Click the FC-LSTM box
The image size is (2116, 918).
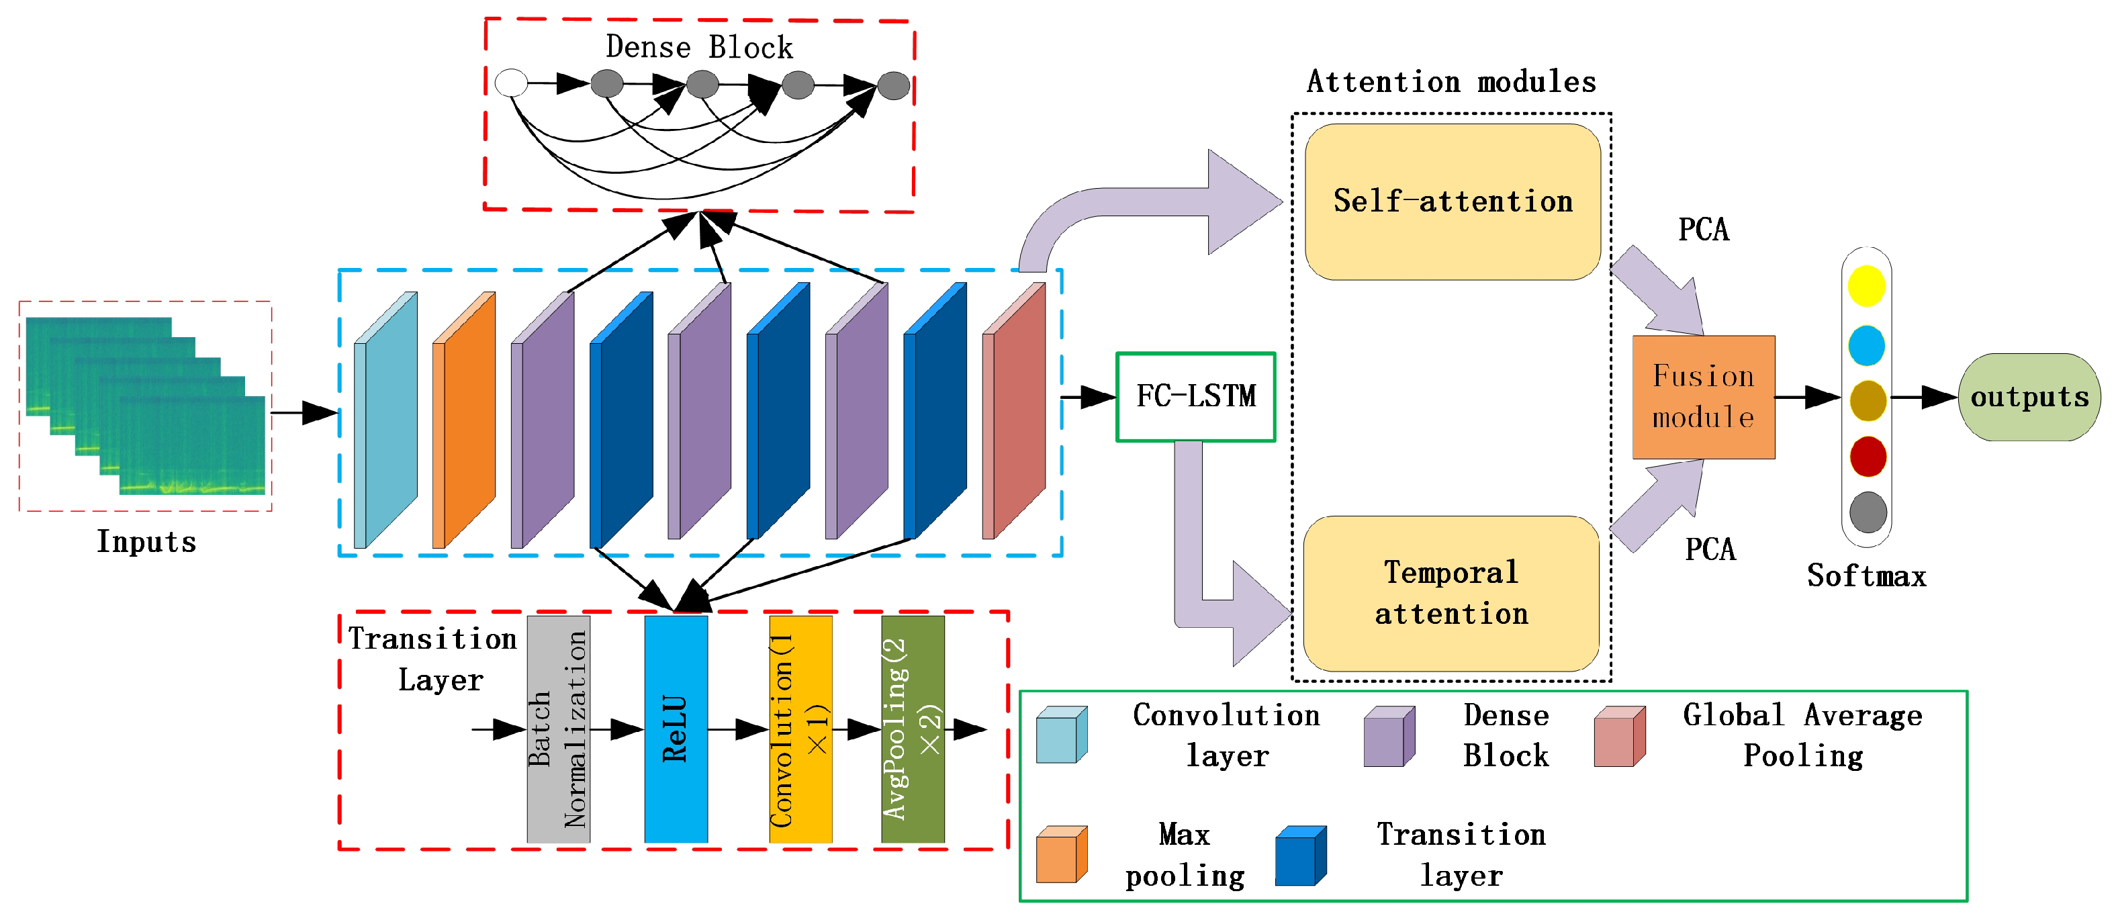(x=1195, y=397)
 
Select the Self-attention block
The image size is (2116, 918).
(x=1453, y=202)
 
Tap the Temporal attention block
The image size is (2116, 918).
(x=1451, y=593)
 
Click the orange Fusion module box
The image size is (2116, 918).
(x=1704, y=397)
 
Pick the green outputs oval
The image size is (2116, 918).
(x=2029, y=397)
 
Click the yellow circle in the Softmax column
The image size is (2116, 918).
(x=1866, y=286)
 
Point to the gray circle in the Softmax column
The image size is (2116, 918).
(x=1868, y=512)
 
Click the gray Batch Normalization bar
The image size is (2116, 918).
(x=559, y=729)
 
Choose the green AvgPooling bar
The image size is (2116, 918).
(x=913, y=729)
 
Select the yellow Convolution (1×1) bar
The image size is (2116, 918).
(x=800, y=729)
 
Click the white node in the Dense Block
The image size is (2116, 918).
(x=511, y=83)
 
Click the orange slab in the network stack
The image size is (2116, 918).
(x=464, y=420)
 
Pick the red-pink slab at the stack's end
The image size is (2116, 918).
(x=1013, y=410)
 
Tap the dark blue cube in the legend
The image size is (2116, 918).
(x=1300, y=856)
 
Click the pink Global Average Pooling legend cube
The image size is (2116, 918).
(x=1619, y=737)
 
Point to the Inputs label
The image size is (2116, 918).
(x=146, y=542)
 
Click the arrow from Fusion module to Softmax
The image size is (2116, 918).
(x=1808, y=398)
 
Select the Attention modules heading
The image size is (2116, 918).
(x=1451, y=81)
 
